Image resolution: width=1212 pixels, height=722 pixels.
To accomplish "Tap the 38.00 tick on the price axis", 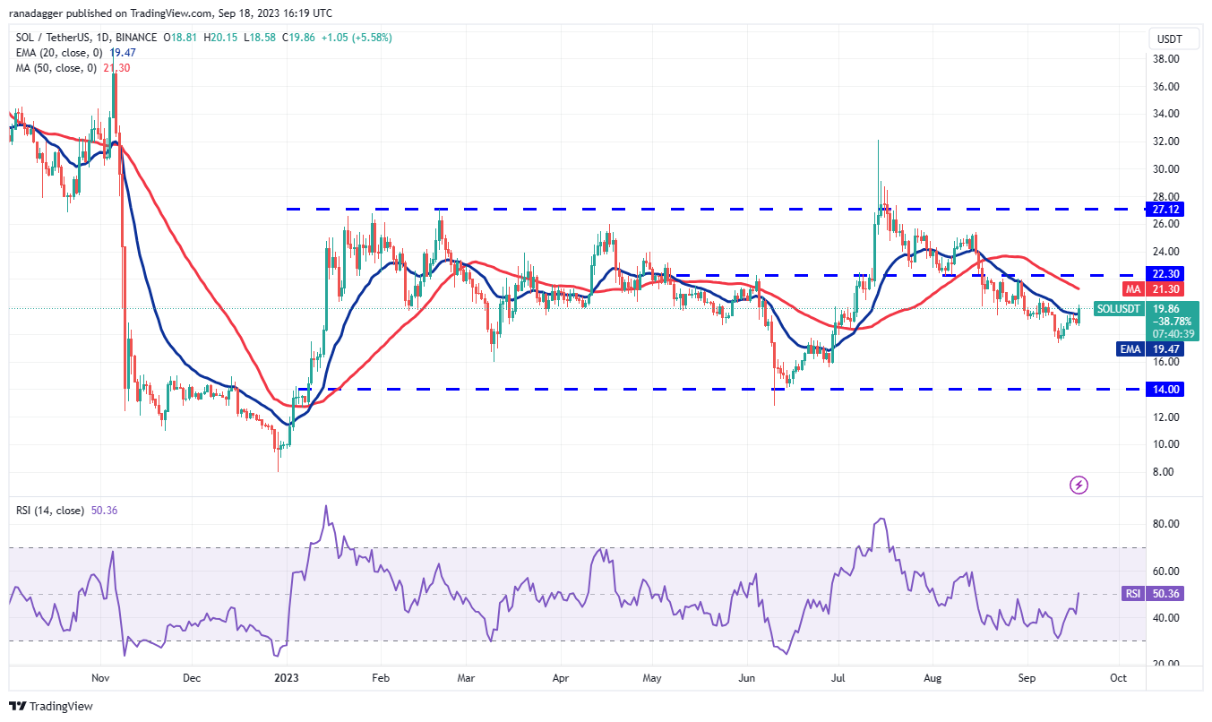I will pos(1166,59).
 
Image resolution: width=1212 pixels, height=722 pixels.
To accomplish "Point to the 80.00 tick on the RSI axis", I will pos(1167,524).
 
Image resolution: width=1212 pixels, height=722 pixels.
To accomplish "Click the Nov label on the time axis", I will pos(100,679).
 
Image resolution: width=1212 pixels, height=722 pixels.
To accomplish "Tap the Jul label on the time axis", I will pos(838,679).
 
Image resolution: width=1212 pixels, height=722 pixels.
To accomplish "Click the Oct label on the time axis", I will pos(1118,679).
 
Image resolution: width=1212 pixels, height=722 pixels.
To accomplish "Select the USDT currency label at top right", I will pos(1170,39).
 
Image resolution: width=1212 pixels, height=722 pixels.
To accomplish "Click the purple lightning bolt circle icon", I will pos(1079,485).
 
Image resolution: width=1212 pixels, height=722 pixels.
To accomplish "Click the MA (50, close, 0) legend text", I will pos(55,68).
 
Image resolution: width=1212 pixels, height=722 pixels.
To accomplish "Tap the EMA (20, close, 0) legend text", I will pos(57,53).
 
